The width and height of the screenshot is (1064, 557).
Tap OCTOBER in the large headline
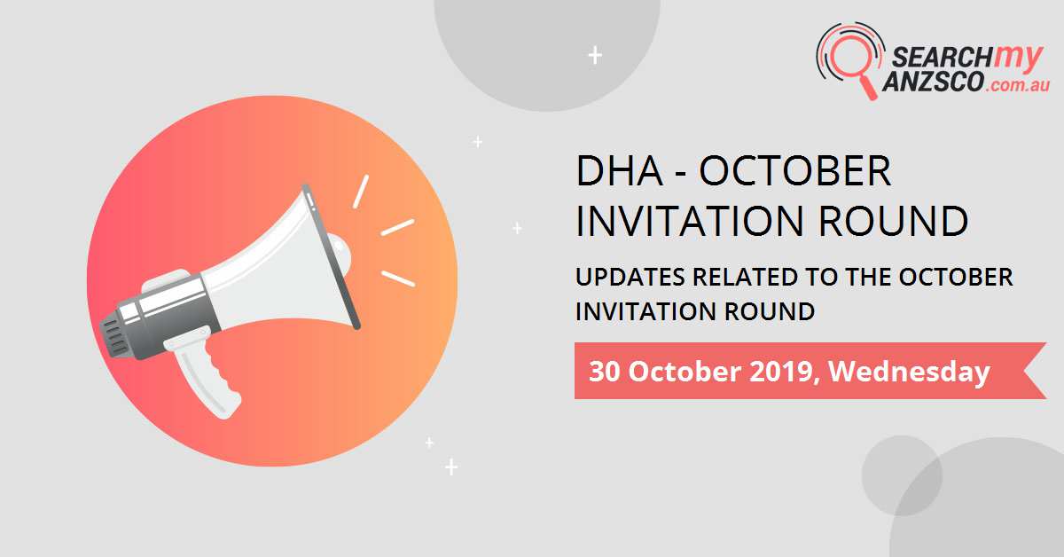coord(795,171)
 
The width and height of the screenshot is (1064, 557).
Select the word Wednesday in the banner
coord(909,372)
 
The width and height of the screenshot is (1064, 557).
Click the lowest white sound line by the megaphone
coord(398,278)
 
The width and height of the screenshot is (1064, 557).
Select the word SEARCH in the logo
coord(931,59)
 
